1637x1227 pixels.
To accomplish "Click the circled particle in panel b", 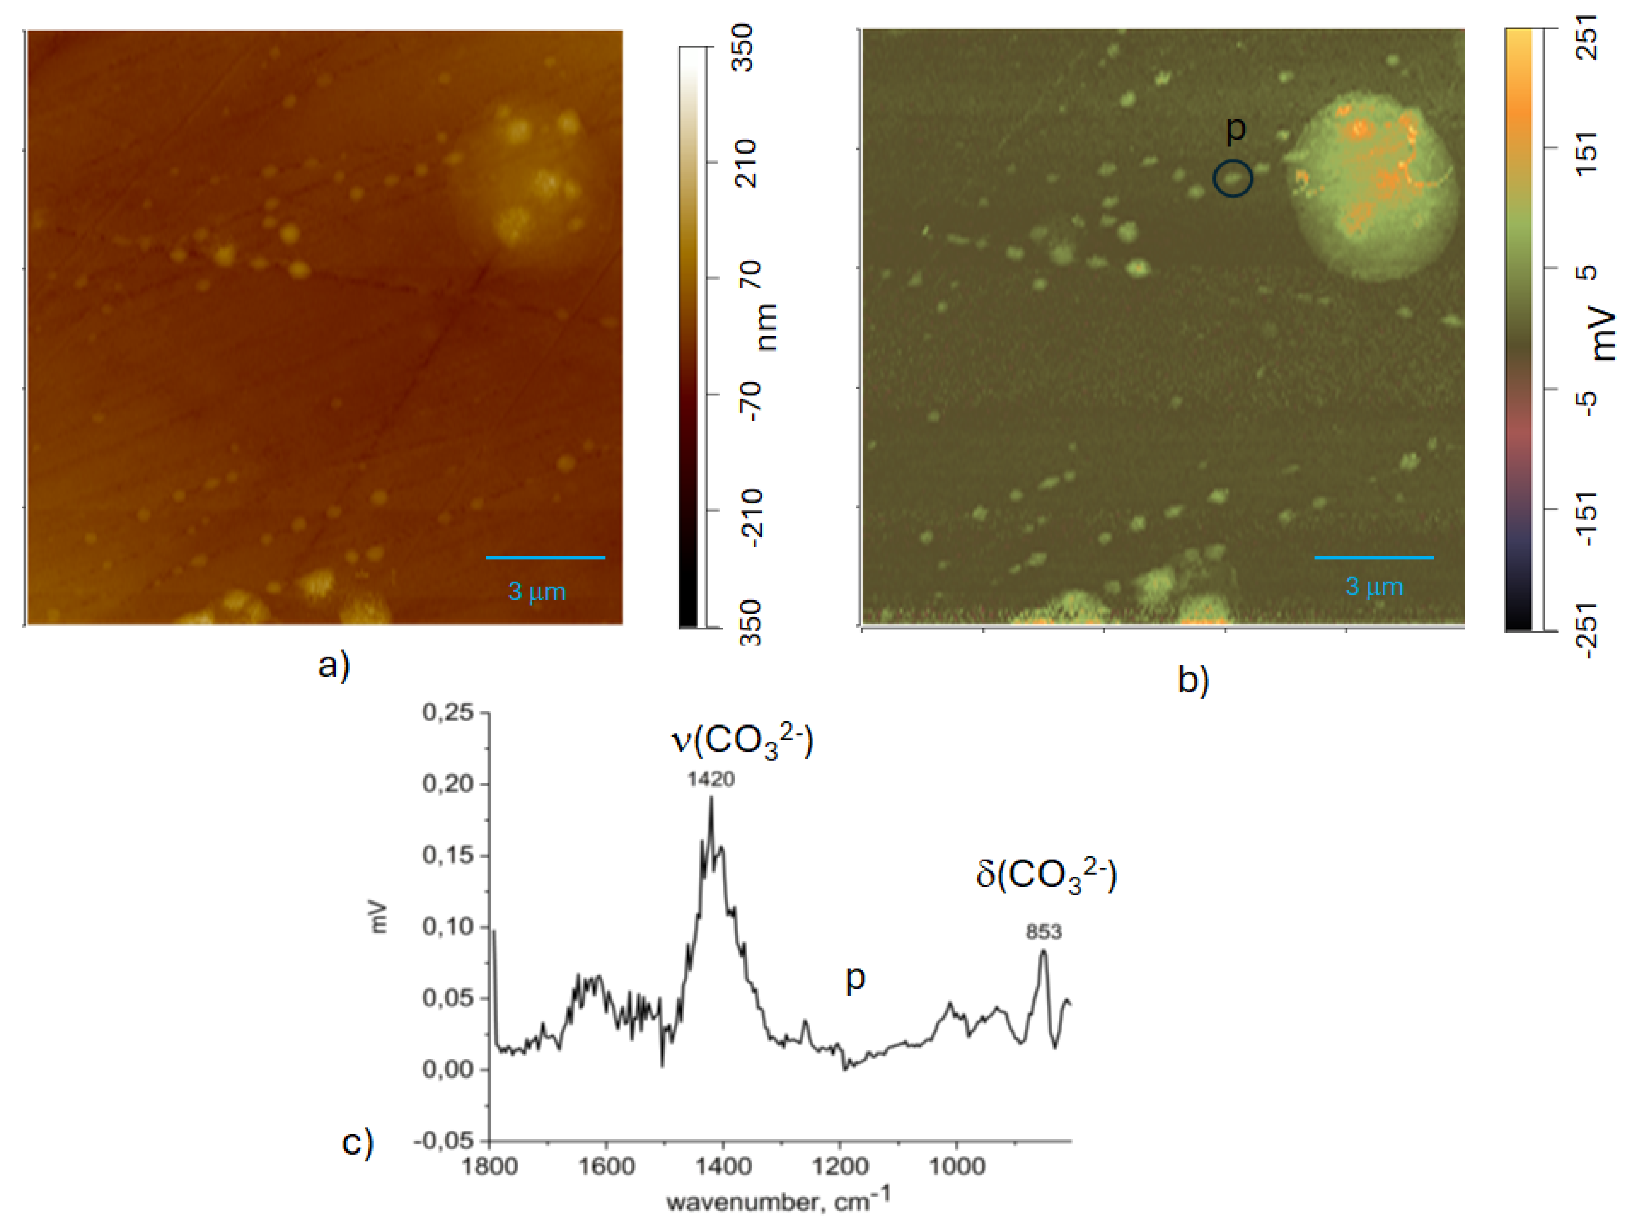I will click(x=1232, y=179).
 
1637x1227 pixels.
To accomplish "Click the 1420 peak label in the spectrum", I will click(x=710, y=779).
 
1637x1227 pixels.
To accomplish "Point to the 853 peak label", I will click(x=1044, y=932).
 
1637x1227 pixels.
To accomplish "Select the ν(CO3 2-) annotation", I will click(x=742, y=741).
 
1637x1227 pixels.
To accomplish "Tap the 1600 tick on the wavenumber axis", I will click(x=606, y=1167).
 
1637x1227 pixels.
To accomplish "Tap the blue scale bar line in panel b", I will click(x=1374, y=557).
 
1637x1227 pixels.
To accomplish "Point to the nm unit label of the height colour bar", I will click(x=766, y=327).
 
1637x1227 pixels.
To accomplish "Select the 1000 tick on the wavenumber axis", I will click(x=957, y=1167).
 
